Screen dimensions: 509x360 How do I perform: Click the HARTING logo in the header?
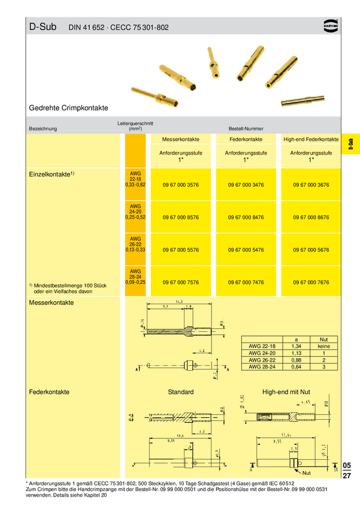(331, 26)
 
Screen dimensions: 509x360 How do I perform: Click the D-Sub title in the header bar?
(42, 27)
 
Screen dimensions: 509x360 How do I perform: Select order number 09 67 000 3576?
(180, 185)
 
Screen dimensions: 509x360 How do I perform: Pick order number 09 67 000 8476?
(246, 217)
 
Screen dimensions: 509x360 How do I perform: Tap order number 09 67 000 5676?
(311, 250)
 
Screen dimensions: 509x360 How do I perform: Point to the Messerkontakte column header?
(180, 139)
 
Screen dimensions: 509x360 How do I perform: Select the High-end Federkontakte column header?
(311, 139)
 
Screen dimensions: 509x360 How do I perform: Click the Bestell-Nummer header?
(245, 129)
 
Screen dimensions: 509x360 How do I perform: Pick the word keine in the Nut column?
(324, 346)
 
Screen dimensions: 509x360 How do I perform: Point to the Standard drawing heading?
(180, 392)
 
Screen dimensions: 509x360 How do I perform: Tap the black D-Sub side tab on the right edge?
(350, 144)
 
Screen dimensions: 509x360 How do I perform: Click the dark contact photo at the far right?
(303, 100)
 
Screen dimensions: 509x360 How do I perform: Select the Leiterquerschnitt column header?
(135, 126)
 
